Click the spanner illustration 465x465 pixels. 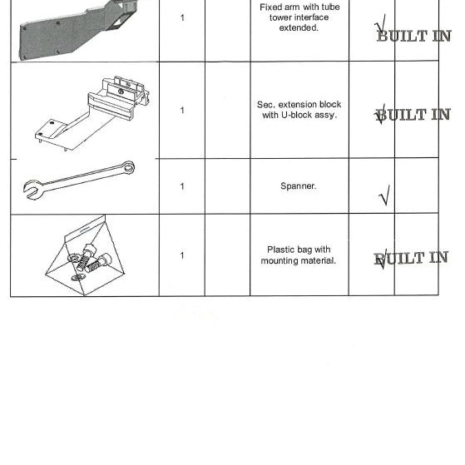[x=79, y=181]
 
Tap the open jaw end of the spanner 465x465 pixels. [x=32, y=190]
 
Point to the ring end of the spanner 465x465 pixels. [x=129, y=167]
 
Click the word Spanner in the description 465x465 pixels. [x=298, y=186]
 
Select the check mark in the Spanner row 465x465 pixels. [x=384, y=195]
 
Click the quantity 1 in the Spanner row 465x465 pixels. [x=182, y=186]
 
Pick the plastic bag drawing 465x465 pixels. [x=85, y=255]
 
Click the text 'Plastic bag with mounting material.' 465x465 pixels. [x=299, y=255]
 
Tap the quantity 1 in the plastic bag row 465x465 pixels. [x=182, y=255]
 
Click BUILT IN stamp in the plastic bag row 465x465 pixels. [x=411, y=258]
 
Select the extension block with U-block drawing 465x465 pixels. [x=92, y=113]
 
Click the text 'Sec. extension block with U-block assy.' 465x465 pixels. [x=299, y=110]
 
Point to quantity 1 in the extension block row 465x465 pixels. [x=182, y=111]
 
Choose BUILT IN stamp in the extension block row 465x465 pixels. [x=413, y=115]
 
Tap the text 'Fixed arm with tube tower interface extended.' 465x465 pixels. [x=299, y=17]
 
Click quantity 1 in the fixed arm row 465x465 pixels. [x=182, y=17]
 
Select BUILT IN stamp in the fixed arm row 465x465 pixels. [x=414, y=36]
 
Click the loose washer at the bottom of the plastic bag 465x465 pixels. [x=78, y=278]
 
